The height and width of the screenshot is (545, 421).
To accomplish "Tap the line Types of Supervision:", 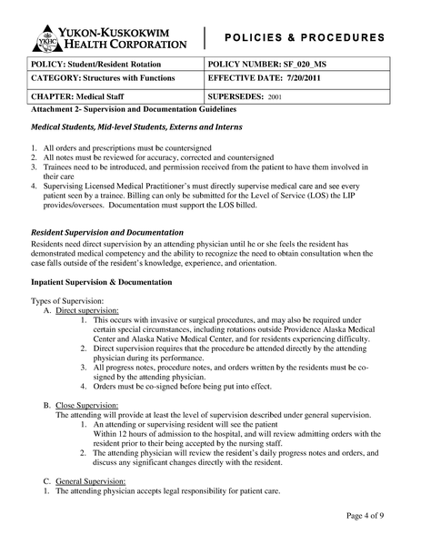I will pyautogui.click(x=67, y=300).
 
